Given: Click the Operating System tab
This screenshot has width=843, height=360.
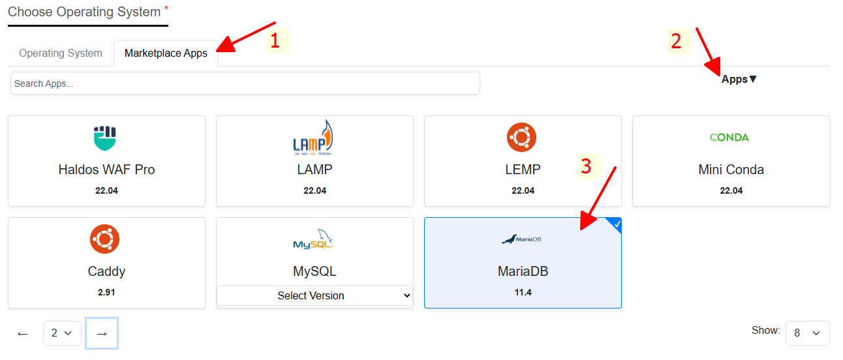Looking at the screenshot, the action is tap(61, 53).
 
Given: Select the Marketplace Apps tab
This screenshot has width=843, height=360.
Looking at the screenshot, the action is tap(166, 53).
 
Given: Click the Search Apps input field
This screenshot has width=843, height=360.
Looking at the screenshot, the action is tap(245, 83).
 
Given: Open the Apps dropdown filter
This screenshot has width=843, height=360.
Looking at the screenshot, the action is tap(739, 80).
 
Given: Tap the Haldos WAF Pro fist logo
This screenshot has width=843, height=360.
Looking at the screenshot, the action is tap(105, 138).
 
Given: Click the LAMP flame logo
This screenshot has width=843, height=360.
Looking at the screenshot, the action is tap(313, 138).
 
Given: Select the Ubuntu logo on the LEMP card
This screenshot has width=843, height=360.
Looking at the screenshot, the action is tap(521, 138).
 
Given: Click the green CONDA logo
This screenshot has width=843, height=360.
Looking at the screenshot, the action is tap(729, 138).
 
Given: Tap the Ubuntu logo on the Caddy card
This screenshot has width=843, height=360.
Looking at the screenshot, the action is tap(104, 239).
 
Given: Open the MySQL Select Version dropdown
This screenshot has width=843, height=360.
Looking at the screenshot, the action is tap(314, 295).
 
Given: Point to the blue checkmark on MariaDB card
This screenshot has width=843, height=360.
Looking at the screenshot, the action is tap(617, 224).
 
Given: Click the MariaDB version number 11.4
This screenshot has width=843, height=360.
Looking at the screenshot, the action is tap(523, 292).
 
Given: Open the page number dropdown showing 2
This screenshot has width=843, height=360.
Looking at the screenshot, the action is tap(62, 333).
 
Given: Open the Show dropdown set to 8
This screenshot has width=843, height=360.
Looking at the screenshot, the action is tap(807, 333).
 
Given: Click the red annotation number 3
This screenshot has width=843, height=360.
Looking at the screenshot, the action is tap(586, 166).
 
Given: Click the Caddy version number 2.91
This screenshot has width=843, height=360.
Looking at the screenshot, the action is tap(106, 292).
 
